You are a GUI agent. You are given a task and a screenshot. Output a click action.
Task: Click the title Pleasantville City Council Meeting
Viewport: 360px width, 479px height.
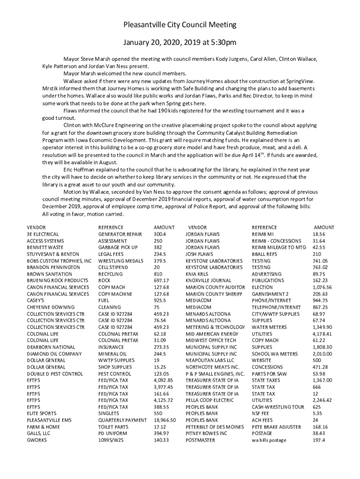click(x=180, y=24)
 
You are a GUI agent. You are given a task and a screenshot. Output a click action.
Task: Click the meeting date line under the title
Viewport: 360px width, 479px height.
click(x=180, y=43)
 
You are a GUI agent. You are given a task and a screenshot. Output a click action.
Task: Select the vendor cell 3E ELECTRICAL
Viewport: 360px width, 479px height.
click(x=43, y=234)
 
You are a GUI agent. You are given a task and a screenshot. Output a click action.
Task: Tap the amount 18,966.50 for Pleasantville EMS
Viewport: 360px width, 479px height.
click(x=165, y=421)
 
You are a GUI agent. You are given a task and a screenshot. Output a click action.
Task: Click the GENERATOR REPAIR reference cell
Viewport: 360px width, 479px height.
click(x=120, y=234)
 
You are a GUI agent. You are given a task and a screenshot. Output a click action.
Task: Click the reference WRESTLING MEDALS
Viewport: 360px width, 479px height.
click(x=121, y=261)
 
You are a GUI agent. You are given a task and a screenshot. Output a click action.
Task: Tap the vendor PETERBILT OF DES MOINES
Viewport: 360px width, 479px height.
click(x=215, y=427)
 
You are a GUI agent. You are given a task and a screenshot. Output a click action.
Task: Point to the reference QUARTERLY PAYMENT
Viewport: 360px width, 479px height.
click(x=122, y=421)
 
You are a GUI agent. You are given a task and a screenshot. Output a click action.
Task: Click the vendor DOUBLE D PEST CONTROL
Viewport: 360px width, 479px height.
click(x=55, y=374)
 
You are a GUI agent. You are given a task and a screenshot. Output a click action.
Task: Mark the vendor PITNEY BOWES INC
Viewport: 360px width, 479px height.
click(x=206, y=434)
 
